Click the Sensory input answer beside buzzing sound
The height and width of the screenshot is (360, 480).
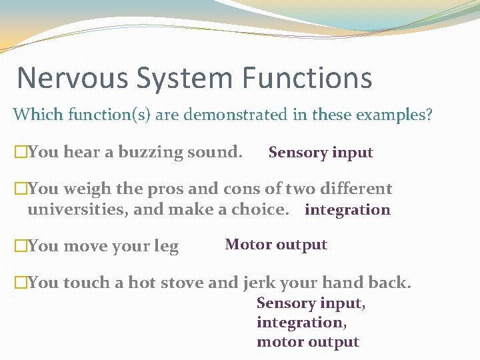point(321,153)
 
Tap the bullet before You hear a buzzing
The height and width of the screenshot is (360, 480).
point(20,153)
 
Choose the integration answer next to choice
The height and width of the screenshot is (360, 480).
point(347,210)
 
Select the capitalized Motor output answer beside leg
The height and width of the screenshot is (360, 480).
point(276,245)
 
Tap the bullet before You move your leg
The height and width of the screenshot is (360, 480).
point(20,247)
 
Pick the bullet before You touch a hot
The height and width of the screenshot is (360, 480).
point(20,283)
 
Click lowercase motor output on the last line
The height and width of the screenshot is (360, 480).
point(307,342)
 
